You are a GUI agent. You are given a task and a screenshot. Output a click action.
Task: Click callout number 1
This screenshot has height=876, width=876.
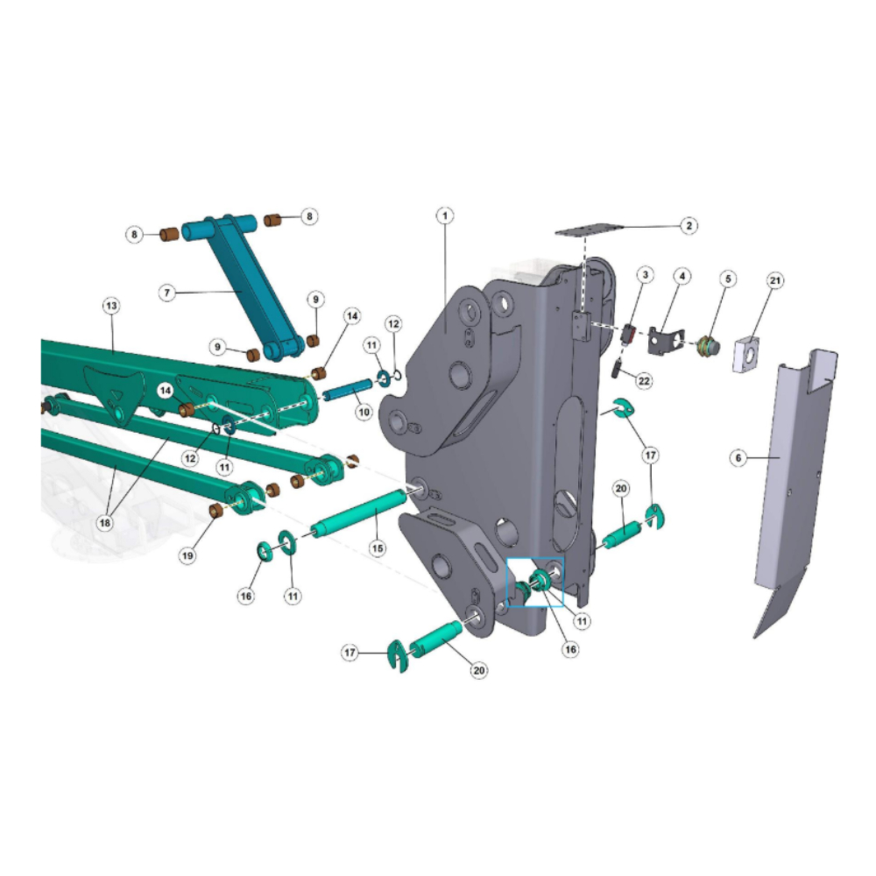click(445, 215)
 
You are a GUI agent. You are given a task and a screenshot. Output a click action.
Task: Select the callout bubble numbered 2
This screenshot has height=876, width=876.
click(689, 225)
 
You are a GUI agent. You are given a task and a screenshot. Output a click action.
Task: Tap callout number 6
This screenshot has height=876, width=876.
click(738, 458)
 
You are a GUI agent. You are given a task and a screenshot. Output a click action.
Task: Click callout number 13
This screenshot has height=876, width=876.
click(111, 306)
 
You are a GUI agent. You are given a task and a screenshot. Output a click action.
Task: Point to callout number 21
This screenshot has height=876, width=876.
click(775, 280)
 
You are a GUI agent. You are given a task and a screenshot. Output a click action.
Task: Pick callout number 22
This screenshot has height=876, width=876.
click(644, 381)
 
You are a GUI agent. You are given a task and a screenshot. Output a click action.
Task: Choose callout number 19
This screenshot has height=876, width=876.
click(187, 555)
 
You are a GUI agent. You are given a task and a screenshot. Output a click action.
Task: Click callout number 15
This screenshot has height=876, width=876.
click(378, 548)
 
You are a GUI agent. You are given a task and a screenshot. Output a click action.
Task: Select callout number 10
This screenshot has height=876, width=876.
click(364, 413)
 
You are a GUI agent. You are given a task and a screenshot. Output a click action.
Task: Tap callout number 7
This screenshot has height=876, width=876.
click(167, 293)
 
